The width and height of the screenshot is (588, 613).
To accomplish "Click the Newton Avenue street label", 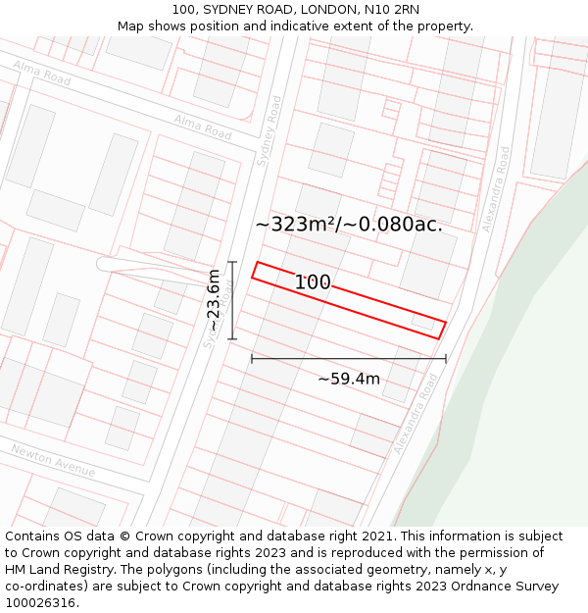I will click(x=53, y=460).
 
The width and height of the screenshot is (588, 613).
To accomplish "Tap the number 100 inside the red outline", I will click(x=313, y=282).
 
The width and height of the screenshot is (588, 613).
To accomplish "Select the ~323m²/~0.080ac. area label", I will click(x=349, y=224).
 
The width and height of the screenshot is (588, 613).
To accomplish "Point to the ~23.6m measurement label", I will click(x=214, y=300).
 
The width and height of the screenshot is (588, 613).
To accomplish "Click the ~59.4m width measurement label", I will click(x=349, y=379).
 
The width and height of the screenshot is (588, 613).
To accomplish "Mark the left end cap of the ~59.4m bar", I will click(x=252, y=359).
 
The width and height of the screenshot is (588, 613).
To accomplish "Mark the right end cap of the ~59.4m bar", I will click(x=446, y=359).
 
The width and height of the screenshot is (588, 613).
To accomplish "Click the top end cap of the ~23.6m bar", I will click(x=232, y=262).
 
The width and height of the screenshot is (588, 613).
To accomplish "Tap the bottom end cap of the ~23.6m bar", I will click(x=232, y=339).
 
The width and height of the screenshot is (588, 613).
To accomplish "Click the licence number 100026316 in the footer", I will click(x=41, y=603).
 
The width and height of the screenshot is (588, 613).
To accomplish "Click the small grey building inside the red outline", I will click(x=423, y=321).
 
